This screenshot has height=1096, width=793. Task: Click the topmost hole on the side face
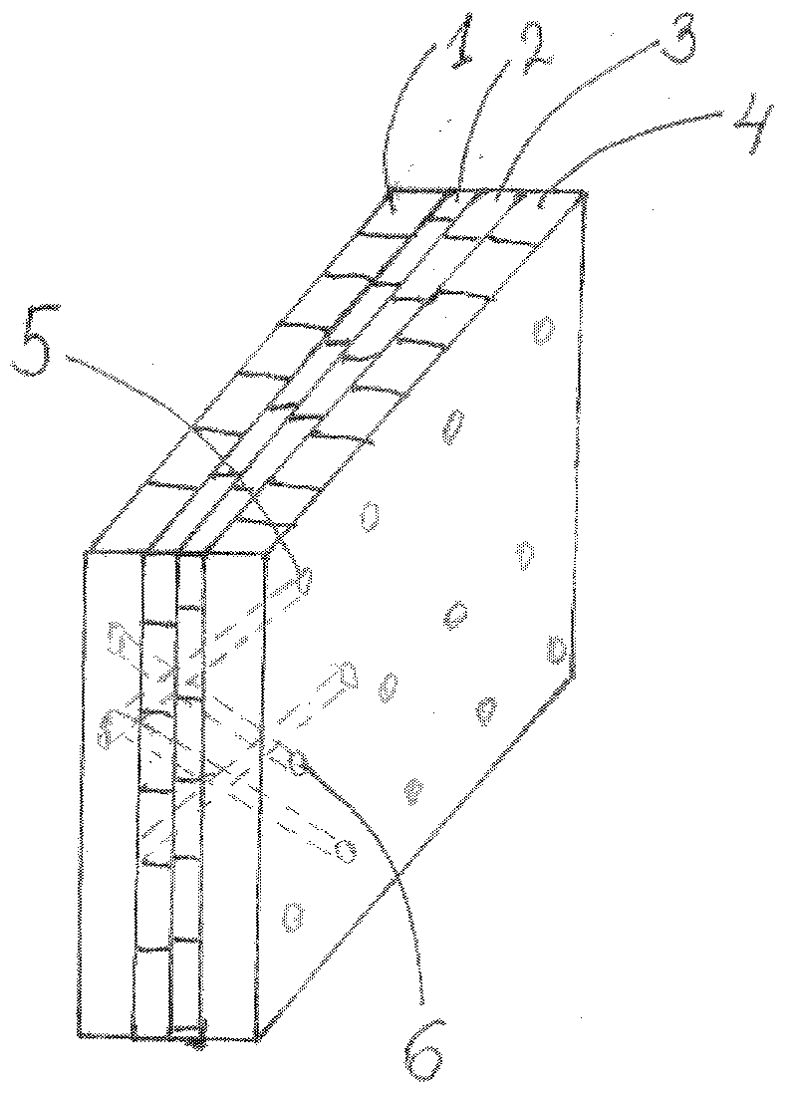tap(542, 330)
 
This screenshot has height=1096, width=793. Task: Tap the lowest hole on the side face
tap(293, 914)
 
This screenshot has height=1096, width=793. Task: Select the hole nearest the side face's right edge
tap(556, 653)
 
